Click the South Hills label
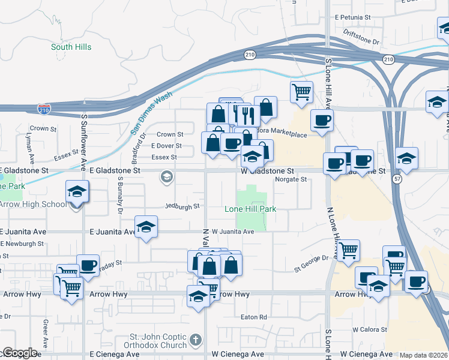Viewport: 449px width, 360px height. [x=70, y=47]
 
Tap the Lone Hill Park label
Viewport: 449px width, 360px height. [x=250, y=209]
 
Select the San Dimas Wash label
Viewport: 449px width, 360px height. [x=151, y=113]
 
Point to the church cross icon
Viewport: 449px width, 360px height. [x=194, y=341]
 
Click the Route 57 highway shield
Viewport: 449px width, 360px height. [x=397, y=179]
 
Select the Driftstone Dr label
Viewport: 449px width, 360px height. [x=361, y=38]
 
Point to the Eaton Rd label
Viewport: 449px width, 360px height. [x=253, y=317]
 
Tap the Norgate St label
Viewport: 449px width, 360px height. [x=291, y=179]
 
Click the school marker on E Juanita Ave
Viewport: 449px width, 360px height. [x=145, y=227]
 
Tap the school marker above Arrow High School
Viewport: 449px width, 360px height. [x=77, y=191]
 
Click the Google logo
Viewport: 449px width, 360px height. [x=19, y=353]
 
